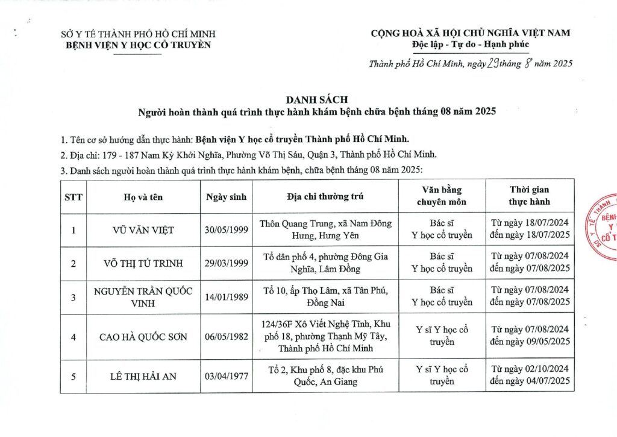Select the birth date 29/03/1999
[x=227, y=263]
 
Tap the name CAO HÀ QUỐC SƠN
[x=143, y=337]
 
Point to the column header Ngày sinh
[x=227, y=196]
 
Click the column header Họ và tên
[x=143, y=196]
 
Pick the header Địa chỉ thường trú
[x=325, y=196]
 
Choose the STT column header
[x=74, y=196]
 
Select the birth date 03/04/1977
[x=227, y=376]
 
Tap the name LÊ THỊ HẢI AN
[x=143, y=376]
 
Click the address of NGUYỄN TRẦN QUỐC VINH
[x=325, y=296]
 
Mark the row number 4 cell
[x=74, y=337]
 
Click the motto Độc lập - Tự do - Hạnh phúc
[x=471, y=45]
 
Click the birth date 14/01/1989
[x=227, y=296]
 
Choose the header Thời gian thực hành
[x=530, y=196]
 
